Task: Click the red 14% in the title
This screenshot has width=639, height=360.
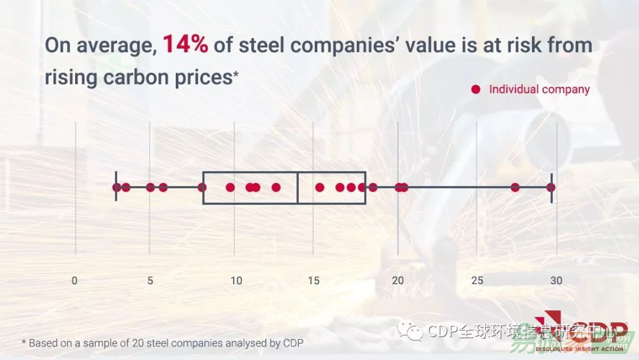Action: click(185, 46)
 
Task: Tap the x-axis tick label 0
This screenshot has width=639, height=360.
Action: click(75, 281)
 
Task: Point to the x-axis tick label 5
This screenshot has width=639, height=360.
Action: click(150, 281)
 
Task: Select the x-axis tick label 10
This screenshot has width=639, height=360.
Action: click(236, 281)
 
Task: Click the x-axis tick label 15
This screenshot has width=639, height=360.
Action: click(314, 281)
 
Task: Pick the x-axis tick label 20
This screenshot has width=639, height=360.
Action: click(398, 281)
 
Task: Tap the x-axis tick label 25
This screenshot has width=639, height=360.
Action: click(477, 281)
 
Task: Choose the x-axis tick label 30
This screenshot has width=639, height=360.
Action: click(556, 281)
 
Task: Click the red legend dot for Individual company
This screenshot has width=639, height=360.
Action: click(476, 89)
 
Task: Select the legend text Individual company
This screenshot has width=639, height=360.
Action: click(539, 89)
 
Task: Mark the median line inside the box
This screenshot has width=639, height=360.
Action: click(297, 188)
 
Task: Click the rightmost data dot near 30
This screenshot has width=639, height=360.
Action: click(551, 188)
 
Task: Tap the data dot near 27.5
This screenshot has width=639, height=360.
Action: click(515, 188)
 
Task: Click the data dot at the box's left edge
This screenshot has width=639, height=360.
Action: click(202, 188)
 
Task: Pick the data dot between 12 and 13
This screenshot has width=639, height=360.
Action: click(276, 188)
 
